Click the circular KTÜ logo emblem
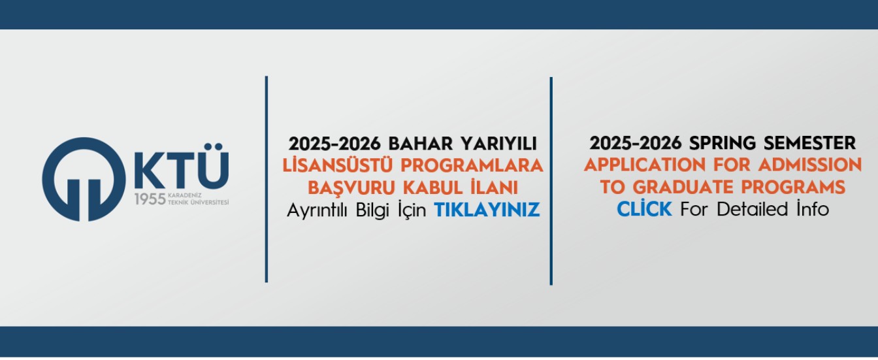[82, 179]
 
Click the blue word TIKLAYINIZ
[487, 210]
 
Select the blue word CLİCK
[644, 209]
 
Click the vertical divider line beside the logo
[267, 179]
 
